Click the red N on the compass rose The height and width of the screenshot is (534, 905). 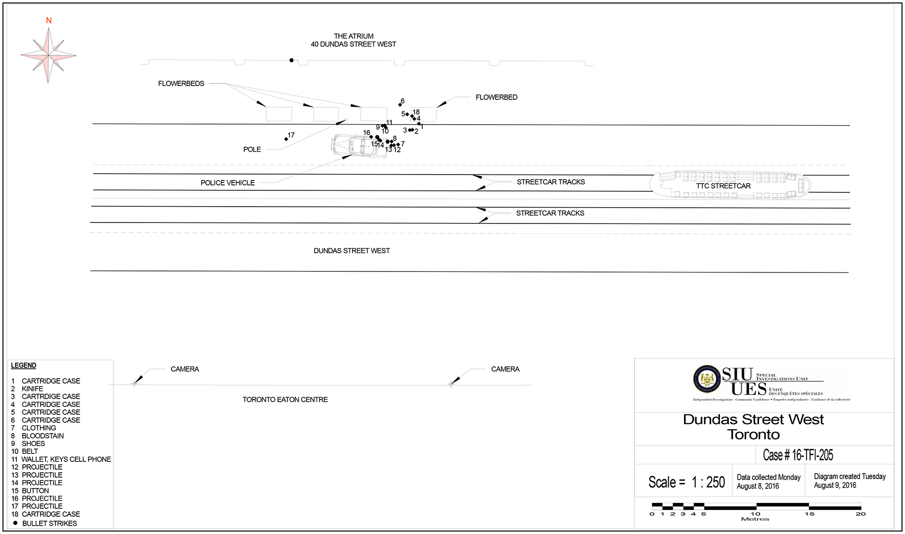48,21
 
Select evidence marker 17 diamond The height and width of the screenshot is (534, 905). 286,139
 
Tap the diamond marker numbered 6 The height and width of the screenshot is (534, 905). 400,105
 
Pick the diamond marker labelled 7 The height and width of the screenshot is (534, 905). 398,145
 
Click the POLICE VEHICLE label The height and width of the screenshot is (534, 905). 227,183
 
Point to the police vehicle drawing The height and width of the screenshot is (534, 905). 358,146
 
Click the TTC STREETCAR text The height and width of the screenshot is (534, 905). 723,186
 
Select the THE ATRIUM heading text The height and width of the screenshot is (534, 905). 354,36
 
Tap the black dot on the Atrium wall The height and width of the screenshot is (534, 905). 291,60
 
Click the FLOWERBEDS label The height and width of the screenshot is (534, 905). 181,84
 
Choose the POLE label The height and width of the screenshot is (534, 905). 252,149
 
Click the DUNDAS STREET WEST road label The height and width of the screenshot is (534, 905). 352,251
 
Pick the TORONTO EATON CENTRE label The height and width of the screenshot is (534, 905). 285,400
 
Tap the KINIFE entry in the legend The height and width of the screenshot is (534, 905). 32,389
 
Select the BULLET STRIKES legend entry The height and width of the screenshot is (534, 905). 49,523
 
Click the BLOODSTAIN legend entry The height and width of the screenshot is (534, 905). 43,436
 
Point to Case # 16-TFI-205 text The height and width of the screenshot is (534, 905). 798,455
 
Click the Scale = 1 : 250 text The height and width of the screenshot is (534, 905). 686,482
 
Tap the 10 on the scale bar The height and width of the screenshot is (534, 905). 755,514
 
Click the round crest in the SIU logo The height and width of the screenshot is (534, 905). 707,380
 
